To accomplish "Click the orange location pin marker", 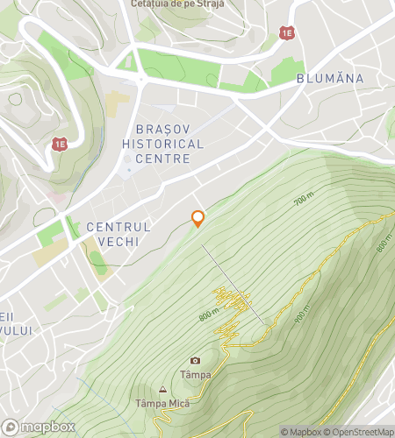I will [198, 218].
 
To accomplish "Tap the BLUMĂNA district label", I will [330, 78].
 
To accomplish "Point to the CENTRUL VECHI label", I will [118, 234].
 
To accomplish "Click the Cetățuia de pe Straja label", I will [176, 4].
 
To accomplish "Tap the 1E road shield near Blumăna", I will [287, 32].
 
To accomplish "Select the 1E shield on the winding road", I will [60, 144].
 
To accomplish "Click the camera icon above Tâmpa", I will [195, 360].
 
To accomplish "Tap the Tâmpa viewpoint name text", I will [196, 375].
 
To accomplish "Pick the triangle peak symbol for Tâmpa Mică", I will [162, 390].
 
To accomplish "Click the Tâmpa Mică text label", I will [162, 404].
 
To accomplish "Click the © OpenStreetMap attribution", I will [360, 432].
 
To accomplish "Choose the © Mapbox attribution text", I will [301, 432].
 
